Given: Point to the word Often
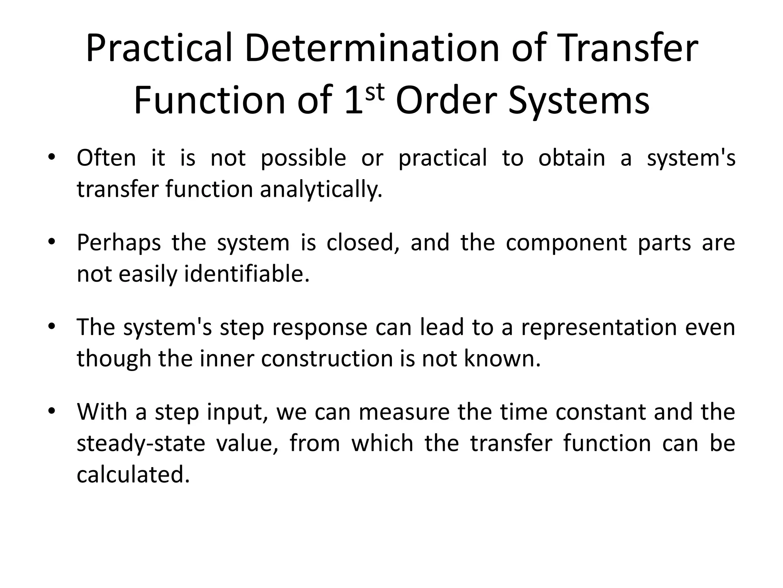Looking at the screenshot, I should point(106,158).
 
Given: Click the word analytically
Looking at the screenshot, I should point(321,189).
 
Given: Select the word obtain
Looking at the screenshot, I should point(572,158).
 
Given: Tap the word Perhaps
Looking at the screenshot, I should point(119,243).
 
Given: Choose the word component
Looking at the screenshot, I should point(566,243).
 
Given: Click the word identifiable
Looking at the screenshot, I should point(247,274).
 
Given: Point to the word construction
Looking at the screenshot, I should point(327,359).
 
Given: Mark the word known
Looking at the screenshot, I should point(502,359).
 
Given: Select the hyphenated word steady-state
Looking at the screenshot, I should point(141,444).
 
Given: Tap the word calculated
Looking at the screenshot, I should point(133,475).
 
